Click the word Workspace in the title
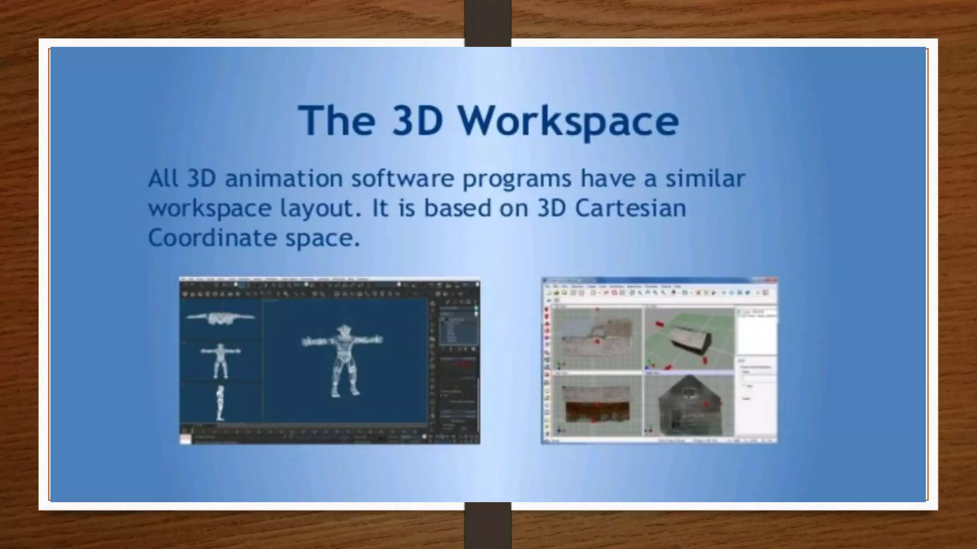569,121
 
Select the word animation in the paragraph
284,179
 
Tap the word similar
705,178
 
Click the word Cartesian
630,208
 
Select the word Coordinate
212,237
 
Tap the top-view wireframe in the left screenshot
220,318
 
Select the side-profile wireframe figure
220,403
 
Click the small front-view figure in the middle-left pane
220,360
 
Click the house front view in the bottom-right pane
688,405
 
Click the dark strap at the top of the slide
488,23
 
